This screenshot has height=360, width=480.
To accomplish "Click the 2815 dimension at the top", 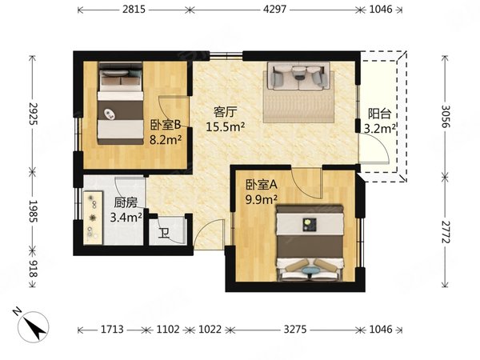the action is (x=134, y=10).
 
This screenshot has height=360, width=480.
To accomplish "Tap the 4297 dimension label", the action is (x=274, y=10).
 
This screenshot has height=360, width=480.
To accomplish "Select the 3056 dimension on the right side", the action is (x=446, y=117).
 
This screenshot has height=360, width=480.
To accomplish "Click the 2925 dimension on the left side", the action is (x=33, y=114).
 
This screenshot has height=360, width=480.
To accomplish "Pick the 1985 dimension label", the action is (x=33, y=211).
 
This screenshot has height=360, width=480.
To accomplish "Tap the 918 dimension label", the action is (x=33, y=269).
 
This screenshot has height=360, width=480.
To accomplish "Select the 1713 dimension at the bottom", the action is (x=112, y=330).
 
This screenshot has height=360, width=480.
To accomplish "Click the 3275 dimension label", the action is (x=294, y=330).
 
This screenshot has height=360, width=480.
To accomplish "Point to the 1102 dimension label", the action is (x=168, y=330).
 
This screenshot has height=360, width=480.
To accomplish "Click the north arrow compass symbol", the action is (x=32, y=326).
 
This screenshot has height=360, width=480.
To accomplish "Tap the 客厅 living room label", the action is (x=226, y=112).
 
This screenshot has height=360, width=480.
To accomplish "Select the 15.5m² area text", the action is (x=226, y=126).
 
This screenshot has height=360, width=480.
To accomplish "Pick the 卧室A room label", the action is (x=262, y=185).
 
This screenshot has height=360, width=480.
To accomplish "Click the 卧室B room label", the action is (x=166, y=125).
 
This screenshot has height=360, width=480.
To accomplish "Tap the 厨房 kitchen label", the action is (x=126, y=202).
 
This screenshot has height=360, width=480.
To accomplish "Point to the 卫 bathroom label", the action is (x=164, y=234).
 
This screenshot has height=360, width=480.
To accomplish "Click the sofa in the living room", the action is (x=298, y=76).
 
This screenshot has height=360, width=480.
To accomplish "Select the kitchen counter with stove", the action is (x=93, y=218).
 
